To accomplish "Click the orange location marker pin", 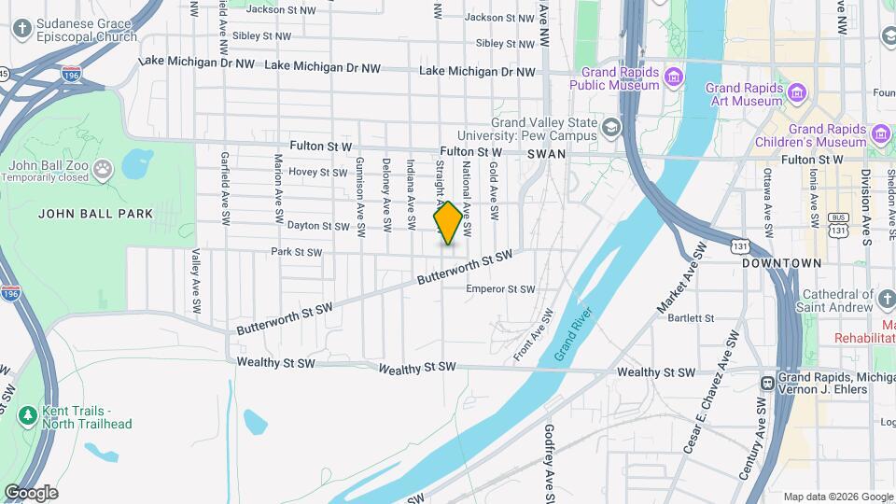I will coord(448,222).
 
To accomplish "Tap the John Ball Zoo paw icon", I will coord(103,170).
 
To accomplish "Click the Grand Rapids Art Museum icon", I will coord(796,92).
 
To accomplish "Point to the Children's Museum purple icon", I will coord(879,134).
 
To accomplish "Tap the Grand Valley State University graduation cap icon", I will coord(611,127).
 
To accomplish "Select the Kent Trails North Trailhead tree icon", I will coord(29,413).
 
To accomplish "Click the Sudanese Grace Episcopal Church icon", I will coord(22,29).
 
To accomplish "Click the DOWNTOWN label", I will coord(782,264).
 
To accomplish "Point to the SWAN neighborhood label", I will coord(546,153).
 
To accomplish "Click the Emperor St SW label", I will coord(501,289).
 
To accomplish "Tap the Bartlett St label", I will coord(691,318).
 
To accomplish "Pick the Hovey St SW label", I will coord(317,172).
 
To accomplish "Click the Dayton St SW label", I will coord(317,226).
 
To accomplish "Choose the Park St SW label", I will coord(296,252).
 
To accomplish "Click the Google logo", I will coord(31,493).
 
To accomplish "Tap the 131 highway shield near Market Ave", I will coord(740,245).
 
